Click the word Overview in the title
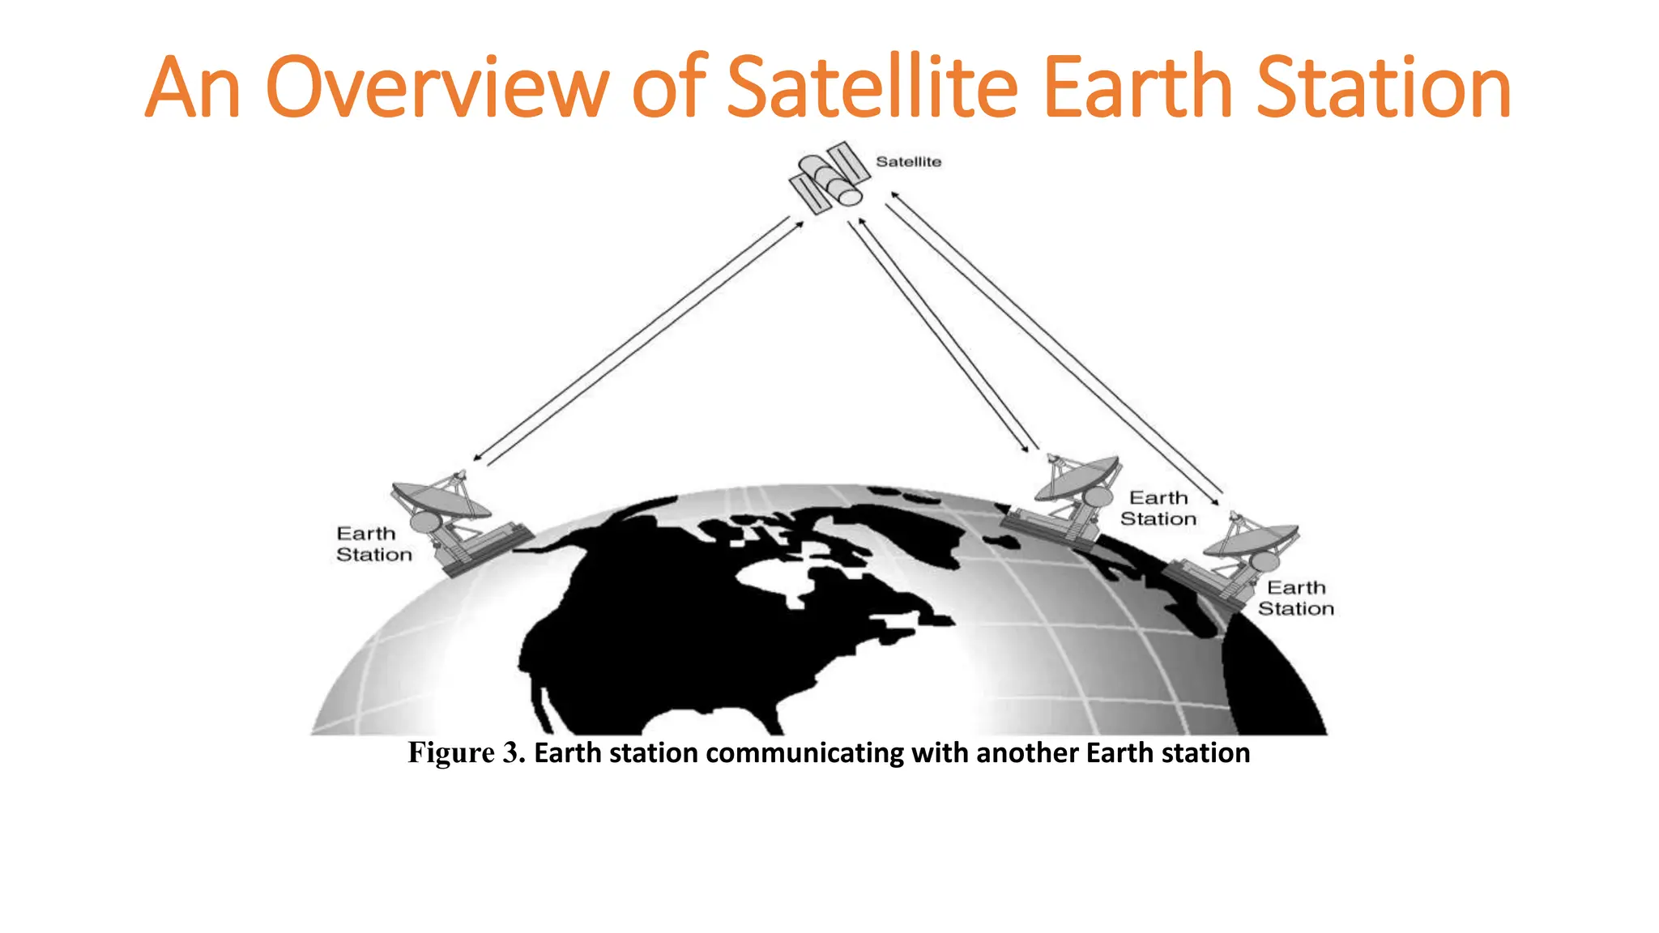click(437, 87)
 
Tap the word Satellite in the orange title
click(872, 87)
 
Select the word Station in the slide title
click(1384, 87)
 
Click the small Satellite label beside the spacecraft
click(908, 162)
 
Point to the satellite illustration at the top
click(829, 177)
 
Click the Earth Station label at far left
click(373, 544)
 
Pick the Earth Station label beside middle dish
click(1158, 509)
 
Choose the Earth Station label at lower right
click(1295, 599)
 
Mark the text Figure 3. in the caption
click(467, 753)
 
